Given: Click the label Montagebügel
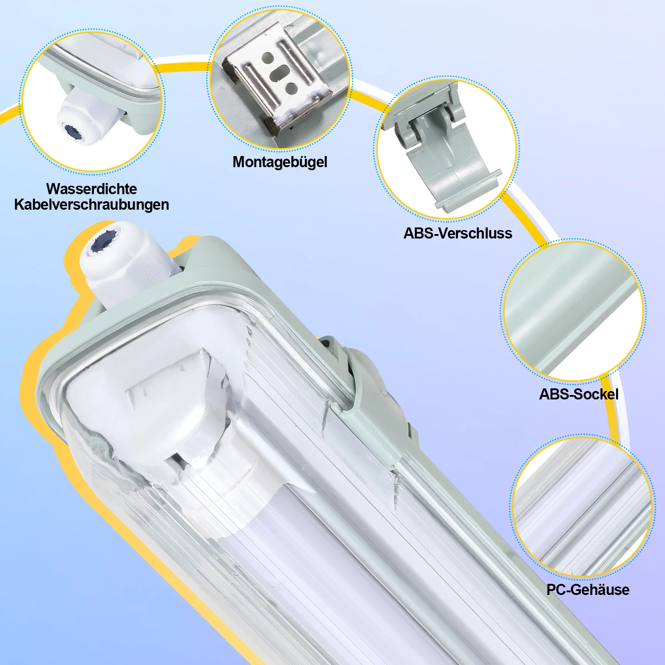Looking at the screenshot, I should tap(280, 162).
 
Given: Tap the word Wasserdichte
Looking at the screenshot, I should tap(91, 189).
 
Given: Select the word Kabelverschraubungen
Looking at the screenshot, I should tap(91, 205).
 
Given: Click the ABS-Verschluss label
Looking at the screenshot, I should tap(458, 233).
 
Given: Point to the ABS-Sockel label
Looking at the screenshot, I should tap(579, 394).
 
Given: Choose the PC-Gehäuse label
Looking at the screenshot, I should tap(588, 590).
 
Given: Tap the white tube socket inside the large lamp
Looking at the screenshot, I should tap(186, 426).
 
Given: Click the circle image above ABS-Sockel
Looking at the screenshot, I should tap(573, 310).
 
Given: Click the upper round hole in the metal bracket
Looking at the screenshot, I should tap(268, 58).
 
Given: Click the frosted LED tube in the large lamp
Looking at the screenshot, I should tap(355, 576).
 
